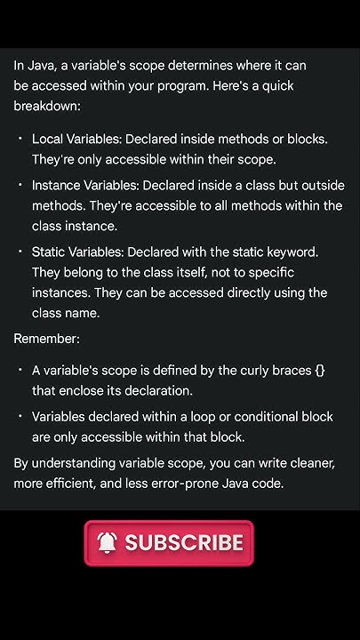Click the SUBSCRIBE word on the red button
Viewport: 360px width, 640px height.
click(x=184, y=543)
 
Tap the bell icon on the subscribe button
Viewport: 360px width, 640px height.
click(x=108, y=543)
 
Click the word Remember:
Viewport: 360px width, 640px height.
click(x=45, y=339)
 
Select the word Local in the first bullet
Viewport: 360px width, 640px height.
click(x=49, y=139)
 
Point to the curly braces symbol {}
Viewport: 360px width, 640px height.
click(x=320, y=370)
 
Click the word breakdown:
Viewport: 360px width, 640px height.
click(x=47, y=107)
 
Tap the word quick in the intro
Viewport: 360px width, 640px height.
click(x=275, y=86)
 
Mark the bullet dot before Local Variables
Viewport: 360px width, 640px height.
click(x=20, y=139)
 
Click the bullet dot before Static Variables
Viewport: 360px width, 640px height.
click(x=20, y=252)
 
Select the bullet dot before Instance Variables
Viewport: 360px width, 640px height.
click(x=20, y=185)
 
